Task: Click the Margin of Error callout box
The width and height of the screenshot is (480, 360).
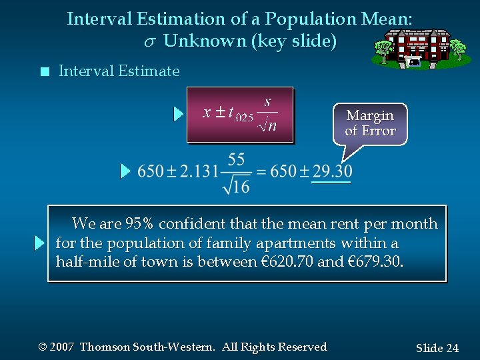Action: pyautogui.click(x=370, y=123)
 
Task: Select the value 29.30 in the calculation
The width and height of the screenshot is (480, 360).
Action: pyautogui.click(x=332, y=171)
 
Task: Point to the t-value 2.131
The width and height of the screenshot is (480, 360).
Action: pyautogui.click(x=197, y=171)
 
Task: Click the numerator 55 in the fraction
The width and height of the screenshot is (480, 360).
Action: pyautogui.click(x=237, y=159)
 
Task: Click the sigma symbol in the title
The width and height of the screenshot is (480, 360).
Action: pyautogui.click(x=150, y=41)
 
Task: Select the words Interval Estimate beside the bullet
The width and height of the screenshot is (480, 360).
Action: pyautogui.click(x=119, y=71)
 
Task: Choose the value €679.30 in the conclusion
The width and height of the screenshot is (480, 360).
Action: pyautogui.click(x=373, y=261)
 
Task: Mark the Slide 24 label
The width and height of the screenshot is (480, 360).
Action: pyautogui.click(x=437, y=348)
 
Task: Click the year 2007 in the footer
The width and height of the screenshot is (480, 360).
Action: pyautogui.click(x=61, y=347)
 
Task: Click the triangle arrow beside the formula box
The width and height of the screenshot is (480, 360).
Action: pyautogui.click(x=178, y=114)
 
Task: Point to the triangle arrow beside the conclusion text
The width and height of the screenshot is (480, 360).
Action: pyautogui.click(x=39, y=243)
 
